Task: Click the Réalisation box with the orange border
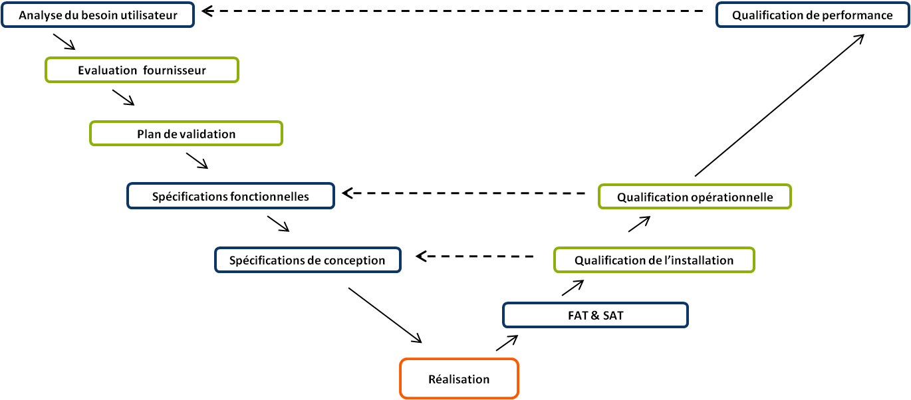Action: (x=459, y=379)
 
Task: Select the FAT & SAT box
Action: (x=595, y=316)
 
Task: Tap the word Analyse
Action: (x=39, y=15)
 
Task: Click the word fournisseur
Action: (x=174, y=70)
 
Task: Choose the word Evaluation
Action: (x=106, y=70)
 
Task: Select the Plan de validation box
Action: (x=186, y=134)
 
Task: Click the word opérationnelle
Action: (x=732, y=197)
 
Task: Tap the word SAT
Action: (x=612, y=316)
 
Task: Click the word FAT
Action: (x=578, y=316)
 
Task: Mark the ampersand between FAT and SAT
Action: (x=594, y=316)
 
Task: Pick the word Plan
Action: (x=148, y=134)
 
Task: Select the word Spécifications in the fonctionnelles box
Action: (x=190, y=197)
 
